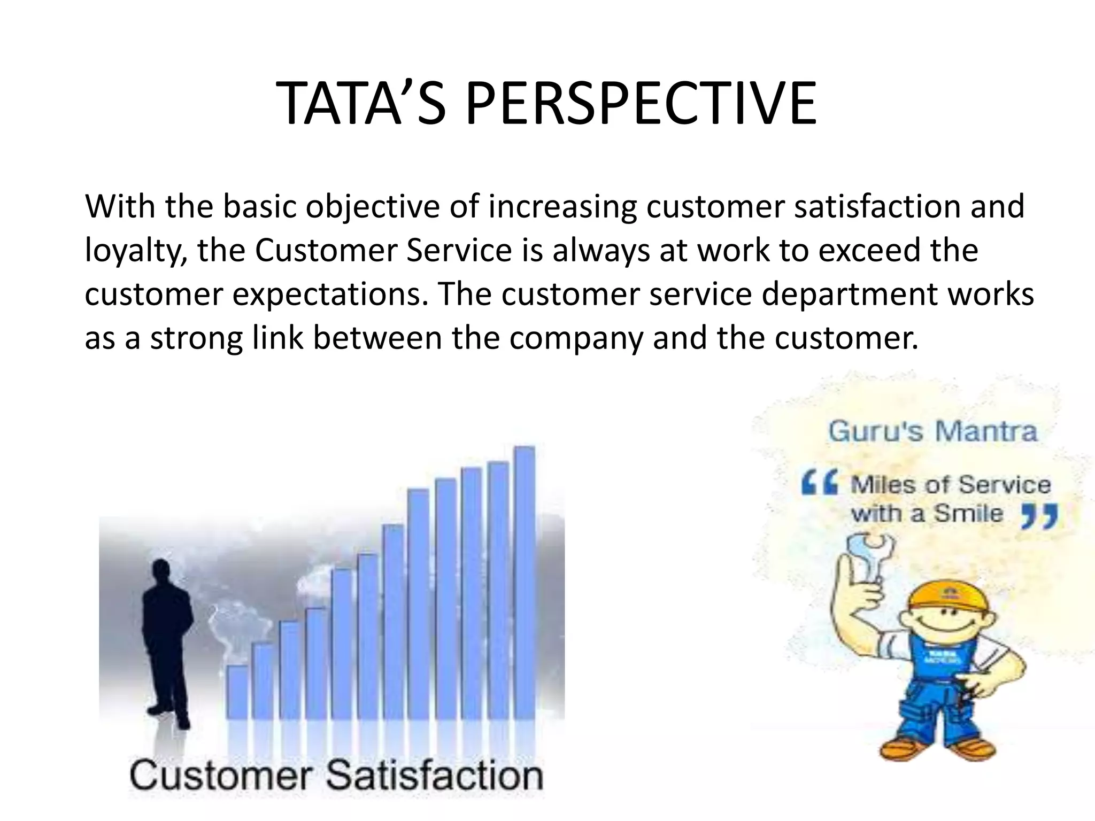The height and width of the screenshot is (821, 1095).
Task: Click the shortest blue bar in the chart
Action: (237, 692)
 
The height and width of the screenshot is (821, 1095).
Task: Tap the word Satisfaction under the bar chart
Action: (435, 776)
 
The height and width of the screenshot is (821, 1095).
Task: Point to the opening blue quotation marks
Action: (819, 485)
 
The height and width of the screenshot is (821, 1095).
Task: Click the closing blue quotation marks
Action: (1039, 517)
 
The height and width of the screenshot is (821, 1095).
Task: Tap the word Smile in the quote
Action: (968, 514)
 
